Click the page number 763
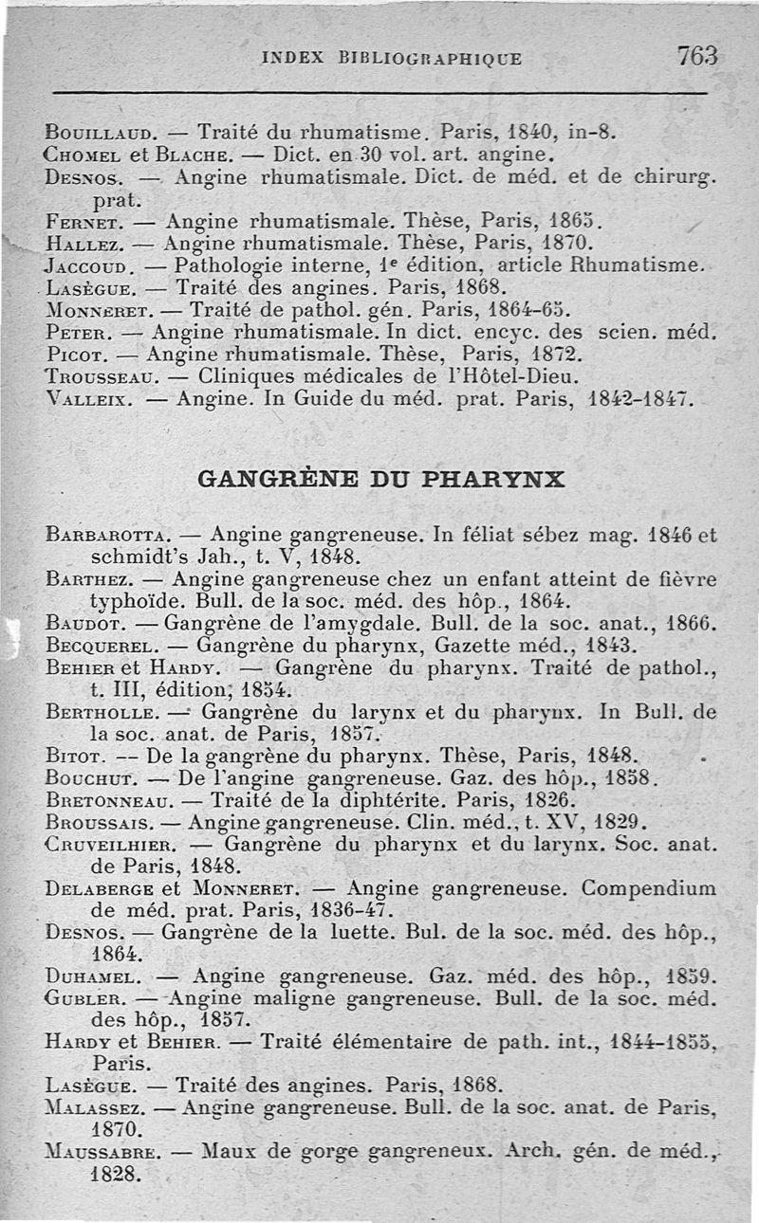[697, 56]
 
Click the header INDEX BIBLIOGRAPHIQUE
[391, 58]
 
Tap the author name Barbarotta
[108, 536]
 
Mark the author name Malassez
[95, 1106]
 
